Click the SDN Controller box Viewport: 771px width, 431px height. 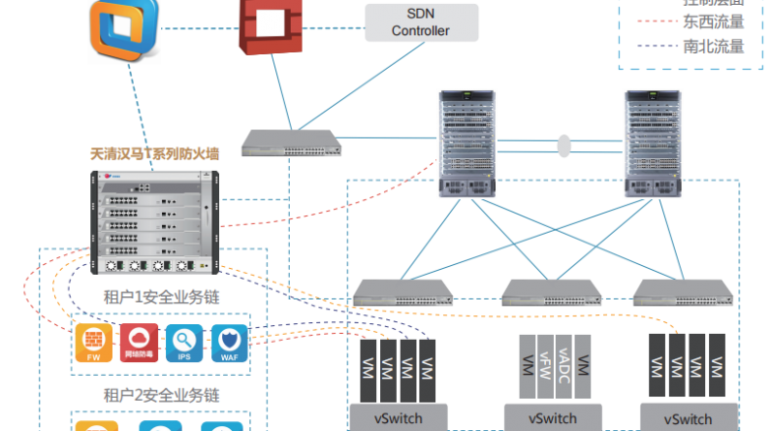point(421,22)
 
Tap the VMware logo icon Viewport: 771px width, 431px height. point(124,30)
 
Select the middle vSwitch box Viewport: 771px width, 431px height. point(553,417)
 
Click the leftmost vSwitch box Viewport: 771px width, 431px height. point(398,417)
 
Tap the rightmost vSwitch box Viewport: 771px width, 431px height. point(688,417)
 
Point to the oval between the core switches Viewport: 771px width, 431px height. point(564,145)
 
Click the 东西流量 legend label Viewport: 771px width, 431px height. point(713,21)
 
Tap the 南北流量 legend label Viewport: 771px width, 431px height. point(713,46)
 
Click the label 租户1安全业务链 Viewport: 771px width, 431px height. point(161,296)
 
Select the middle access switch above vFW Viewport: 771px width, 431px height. point(551,292)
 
